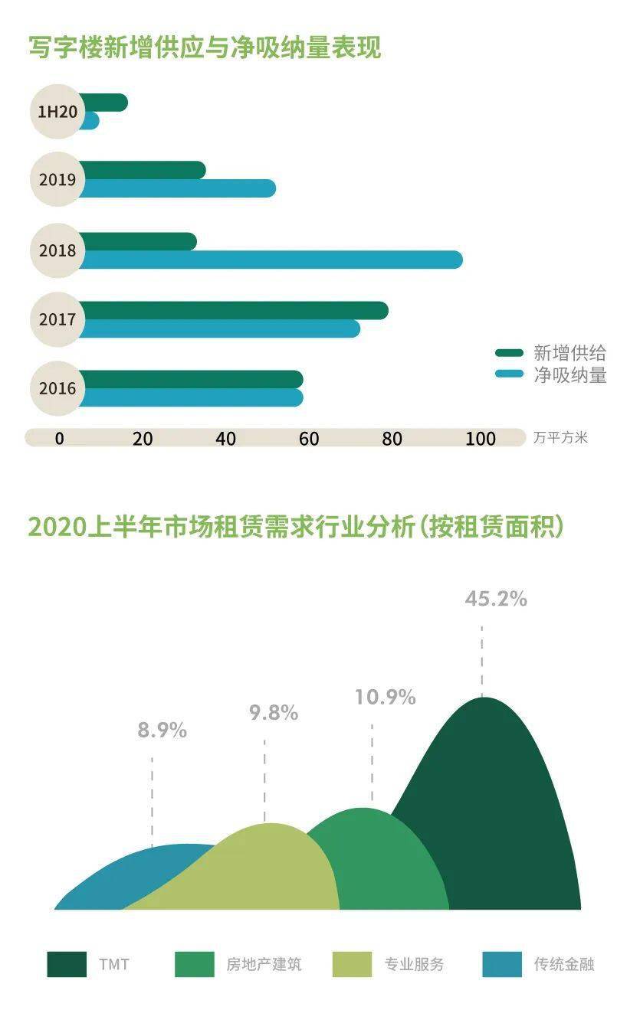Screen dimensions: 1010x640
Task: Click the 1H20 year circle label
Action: (57, 112)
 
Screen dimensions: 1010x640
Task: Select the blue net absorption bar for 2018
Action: (268, 260)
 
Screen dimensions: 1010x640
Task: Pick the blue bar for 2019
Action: (176, 188)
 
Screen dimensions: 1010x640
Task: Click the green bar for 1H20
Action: (103, 103)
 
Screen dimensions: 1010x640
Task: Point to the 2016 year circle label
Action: (57, 388)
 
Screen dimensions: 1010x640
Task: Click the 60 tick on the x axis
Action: (309, 439)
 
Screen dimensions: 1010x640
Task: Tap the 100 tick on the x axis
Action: (481, 439)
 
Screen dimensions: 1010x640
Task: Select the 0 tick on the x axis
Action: (59, 439)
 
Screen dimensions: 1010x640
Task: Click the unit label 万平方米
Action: (560, 439)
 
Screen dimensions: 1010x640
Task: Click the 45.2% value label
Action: (496, 599)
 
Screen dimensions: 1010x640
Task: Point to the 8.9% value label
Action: (162, 731)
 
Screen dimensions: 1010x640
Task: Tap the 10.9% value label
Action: (385, 698)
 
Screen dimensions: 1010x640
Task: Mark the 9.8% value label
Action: (273, 713)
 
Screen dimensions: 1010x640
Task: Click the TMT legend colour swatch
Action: (67, 964)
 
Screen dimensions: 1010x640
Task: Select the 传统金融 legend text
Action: (564, 964)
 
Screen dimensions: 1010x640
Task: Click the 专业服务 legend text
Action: (414, 964)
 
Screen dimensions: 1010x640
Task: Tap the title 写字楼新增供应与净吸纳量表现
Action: (205, 47)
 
